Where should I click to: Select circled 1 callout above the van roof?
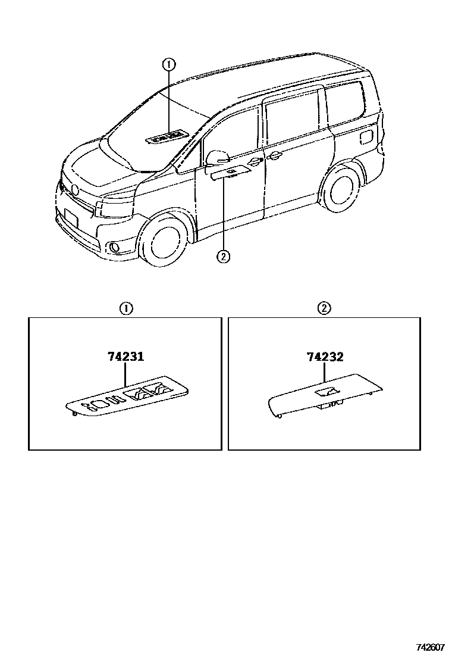point(169,64)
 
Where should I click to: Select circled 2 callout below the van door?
point(222,257)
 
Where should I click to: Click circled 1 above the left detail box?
point(126,308)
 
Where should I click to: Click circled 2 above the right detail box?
point(325,308)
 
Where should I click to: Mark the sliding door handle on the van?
point(274,157)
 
